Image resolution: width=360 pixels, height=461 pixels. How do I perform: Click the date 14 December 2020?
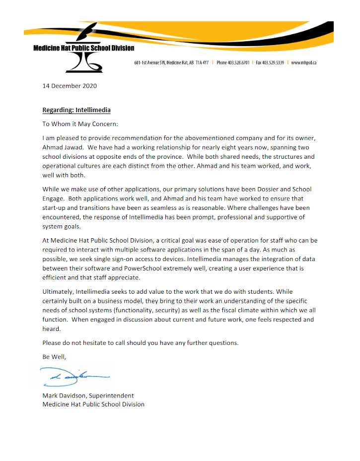pyautogui.click(x=70, y=86)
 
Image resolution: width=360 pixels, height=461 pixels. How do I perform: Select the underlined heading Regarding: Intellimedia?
pyautogui.click(x=76, y=110)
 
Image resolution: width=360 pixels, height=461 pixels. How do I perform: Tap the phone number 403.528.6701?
pyautogui.click(x=238, y=63)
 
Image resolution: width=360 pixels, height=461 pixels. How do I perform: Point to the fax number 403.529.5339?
pyautogui.click(x=274, y=63)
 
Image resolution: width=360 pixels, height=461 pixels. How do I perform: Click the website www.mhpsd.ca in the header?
pyautogui.click(x=304, y=63)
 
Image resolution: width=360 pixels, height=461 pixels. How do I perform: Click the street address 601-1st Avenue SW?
pyautogui.click(x=150, y=63)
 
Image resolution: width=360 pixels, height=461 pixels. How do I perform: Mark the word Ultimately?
pyautogui.click(x=59, y=291)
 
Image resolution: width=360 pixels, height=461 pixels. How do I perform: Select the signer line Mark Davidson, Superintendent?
pyautogui.click(x=88, y=396)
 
